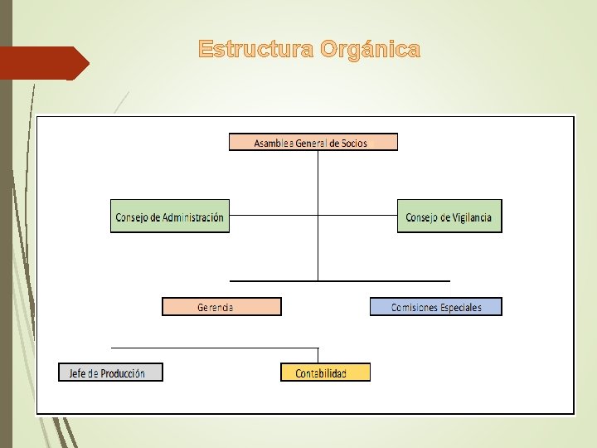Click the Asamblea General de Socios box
pos(313,142)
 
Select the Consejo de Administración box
pos(170,217)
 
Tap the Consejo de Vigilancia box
pos(449,217)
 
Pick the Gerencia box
pos(221,307)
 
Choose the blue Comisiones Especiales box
pos(436,307)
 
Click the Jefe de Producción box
pos(111,373)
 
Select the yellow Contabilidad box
pos(325,373)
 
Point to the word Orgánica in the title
pos(370,50)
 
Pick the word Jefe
pos(78,373)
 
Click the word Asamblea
pos(276,143)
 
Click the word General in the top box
pos(313,143)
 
